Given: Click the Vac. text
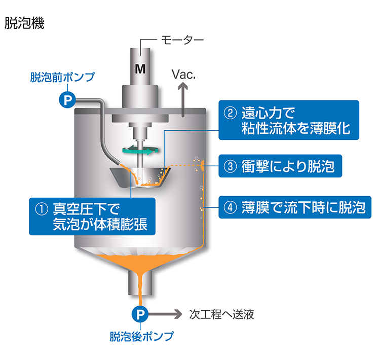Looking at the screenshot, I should coord(184,75).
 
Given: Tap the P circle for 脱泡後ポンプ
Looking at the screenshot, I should coord(140,314).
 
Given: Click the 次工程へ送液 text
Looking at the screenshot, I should coord(221,314).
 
